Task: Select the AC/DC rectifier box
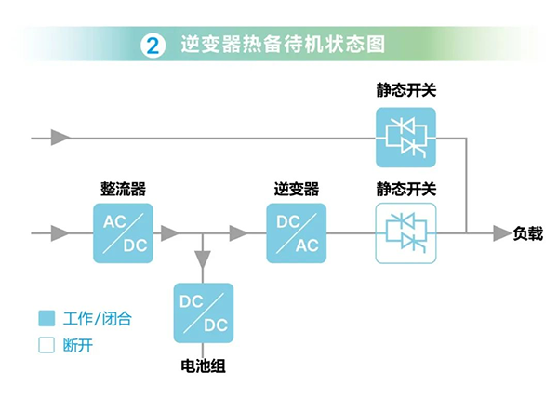(x=122, y=232)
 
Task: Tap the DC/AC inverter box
(x=296, y=232)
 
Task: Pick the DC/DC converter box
(x=203, y=313)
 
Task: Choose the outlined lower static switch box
(x=405, y=232)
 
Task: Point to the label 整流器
(x=122, y=189)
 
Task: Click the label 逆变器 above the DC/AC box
(x=296, y=189)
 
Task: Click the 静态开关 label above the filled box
(x=405, y=91)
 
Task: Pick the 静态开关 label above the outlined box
(x=405, y=189)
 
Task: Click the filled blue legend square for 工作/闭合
(x=46, y=319)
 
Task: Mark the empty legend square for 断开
(x=46, y=346)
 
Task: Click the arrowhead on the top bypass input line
(x=60, y=139)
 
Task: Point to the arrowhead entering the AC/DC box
(x=60, y=232)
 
